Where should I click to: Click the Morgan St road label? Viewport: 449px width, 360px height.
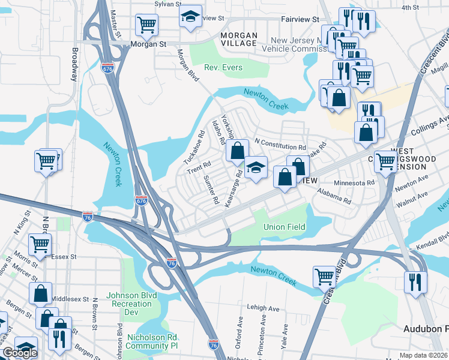[x=149, y=44]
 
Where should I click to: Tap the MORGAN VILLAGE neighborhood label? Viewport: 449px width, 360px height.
[x=238, y=40]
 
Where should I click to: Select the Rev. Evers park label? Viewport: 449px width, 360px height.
[x=223, y=68]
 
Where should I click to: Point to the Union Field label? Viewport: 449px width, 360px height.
[x=285, y=227]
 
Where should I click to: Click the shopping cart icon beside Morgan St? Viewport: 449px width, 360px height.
[x=146, y=25]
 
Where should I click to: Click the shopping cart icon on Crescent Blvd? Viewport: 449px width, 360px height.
[x=324, y=277]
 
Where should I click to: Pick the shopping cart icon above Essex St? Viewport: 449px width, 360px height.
[x=40, y=244]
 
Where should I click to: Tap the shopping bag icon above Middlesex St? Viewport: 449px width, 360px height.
[x=41, y=293]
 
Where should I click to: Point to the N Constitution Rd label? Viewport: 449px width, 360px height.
[x=280, y=146]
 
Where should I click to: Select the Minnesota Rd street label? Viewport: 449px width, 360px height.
[x=354, y=182]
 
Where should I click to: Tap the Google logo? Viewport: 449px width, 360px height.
[x=20, y=353]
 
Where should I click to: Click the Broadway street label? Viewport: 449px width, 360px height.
[x=74, y=65]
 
